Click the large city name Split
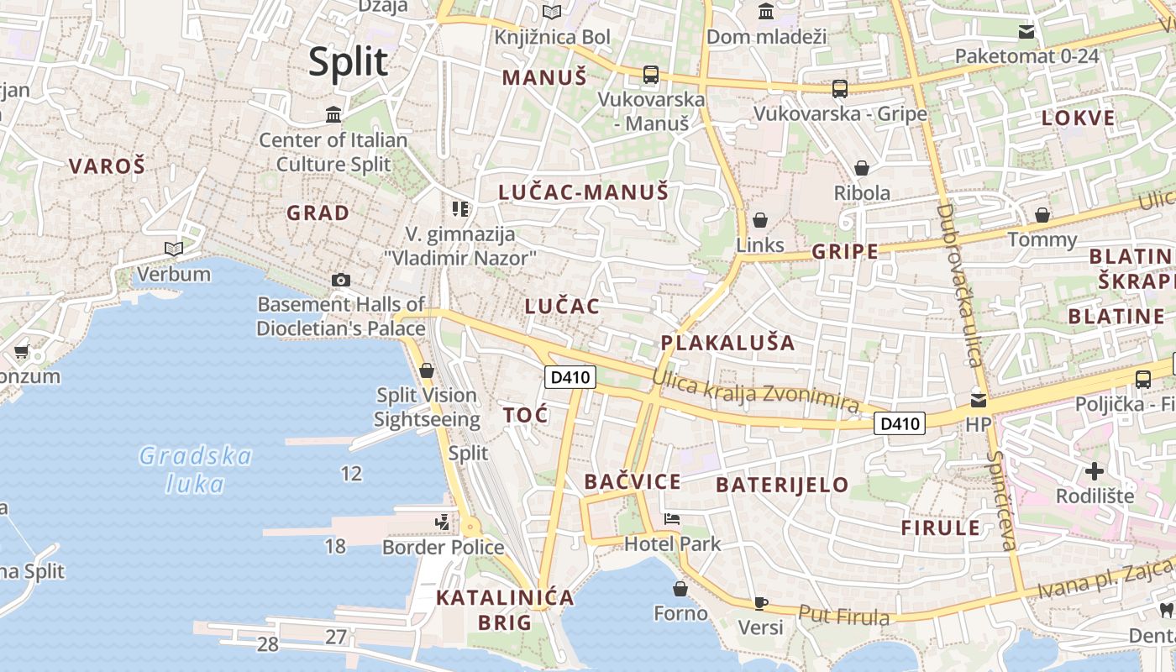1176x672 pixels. [x=348, y=62]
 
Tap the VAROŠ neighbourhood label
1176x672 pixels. [x=107, y=165]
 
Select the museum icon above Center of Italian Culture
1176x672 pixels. [x=333, y=114]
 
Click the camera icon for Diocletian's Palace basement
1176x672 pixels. [x=340, y=280]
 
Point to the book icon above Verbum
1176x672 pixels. [x=174, y=249]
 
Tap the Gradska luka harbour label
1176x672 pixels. [x=196, y=470]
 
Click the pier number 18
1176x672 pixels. [x=335, y=546]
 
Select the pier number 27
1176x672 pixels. [x=336, y=637]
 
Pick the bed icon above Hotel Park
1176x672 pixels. [x=672, y=518]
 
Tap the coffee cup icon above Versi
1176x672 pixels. [x=760, y=602]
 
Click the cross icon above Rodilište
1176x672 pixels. [x=1095, y=470]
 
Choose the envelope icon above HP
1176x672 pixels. [x=979, y=400]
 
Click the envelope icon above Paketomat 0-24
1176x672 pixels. [x=1026, y=32]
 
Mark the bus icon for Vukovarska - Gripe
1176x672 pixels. [x=839, y=88]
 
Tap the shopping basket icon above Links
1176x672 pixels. [x=760, y=220]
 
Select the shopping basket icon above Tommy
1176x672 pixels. [x=1042, y=215]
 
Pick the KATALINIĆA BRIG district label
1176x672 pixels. [x=505, y=610]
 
